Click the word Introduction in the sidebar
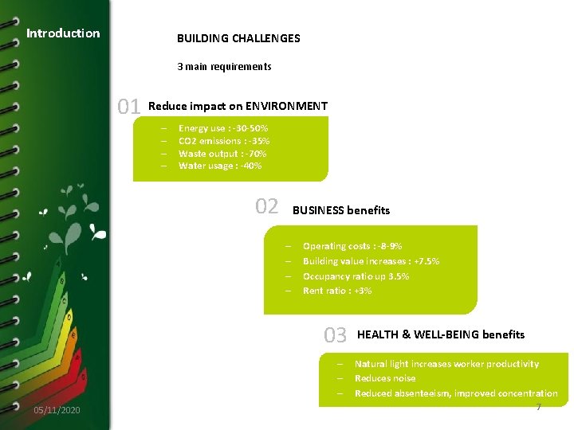coord(63,33)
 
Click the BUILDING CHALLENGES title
coord(238,38)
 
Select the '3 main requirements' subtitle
coord(224,67)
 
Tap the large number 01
coord(129,107)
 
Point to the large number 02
coord(267,207)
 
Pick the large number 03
coord(336,335)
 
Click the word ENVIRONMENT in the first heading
coord(286,106)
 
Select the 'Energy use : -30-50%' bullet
coord(223,128)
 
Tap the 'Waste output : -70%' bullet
coord(222,154)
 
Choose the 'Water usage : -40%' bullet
coord(220,166)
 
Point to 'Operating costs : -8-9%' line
coord(352,247)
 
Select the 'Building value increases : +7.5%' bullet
coord(371,261)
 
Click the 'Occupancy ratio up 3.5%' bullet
coord(356,276)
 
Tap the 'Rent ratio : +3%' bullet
coord(337,291)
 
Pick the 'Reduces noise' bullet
coord(385,378)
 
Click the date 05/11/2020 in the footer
coord(57,410)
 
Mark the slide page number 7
coord(538,408)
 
